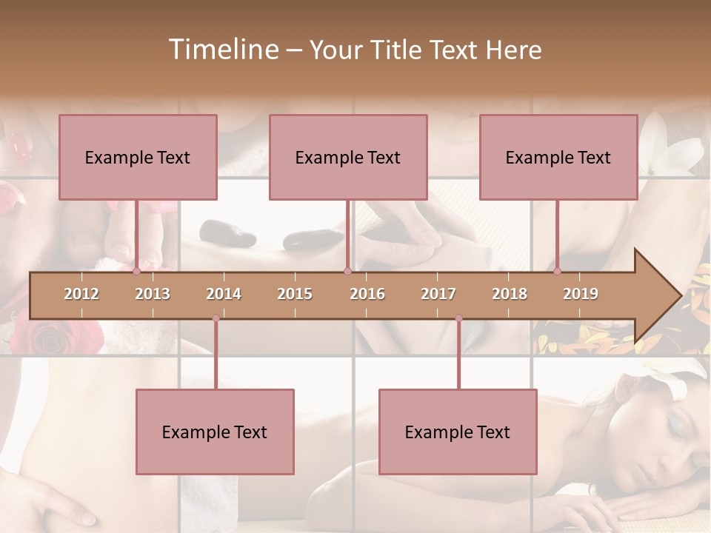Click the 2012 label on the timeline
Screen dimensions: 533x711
(x=81, y=294)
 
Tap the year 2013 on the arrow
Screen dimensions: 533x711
(x=153, y=294)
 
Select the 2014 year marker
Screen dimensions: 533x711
(x=224, y=294)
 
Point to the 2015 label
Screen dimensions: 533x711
(x=295, y=294)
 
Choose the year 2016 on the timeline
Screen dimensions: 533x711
(x=367, y=294)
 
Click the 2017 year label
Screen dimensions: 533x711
(x=438, y=294)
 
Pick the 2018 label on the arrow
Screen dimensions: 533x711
(x=510, y=294)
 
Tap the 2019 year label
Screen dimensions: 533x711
(x=581, y=294)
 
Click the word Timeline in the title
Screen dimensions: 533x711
(x=222, y=50)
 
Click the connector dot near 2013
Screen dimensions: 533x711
(x=136, y=272)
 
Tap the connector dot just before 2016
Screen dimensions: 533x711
(x=347, y=272)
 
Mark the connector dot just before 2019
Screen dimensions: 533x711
(x=558, y=272)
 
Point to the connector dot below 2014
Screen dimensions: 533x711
(x=216, y=318)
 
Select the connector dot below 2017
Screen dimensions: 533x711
(x=458, y=318)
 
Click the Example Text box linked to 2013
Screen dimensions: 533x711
(x=138, y=157)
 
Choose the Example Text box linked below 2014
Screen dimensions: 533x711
(x=215, y=432)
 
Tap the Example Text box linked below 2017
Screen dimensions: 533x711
(x=458, y=432)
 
